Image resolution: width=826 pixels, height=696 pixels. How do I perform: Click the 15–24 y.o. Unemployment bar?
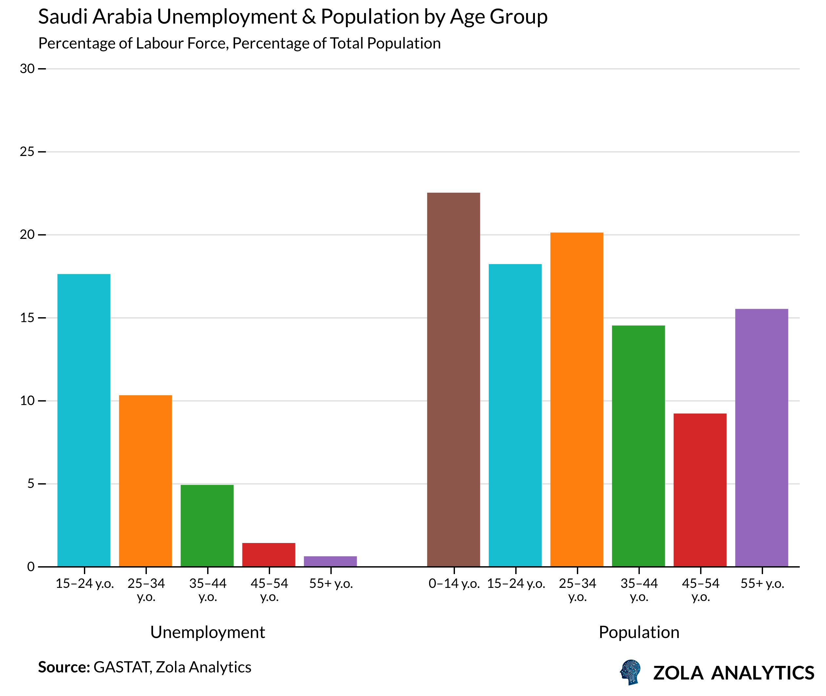click(84, 420)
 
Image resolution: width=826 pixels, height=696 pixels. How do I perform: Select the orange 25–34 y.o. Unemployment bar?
click(145, 481)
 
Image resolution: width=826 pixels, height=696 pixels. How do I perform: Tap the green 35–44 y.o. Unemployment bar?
click(207, 526)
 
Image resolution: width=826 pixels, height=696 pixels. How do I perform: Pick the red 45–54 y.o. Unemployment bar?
click(269, 555)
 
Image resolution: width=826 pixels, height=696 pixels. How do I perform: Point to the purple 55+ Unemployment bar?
click(330, 561)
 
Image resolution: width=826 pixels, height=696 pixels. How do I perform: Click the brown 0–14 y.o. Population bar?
click(453, 379)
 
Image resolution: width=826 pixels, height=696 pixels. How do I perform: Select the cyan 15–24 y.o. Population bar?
click(515, 415)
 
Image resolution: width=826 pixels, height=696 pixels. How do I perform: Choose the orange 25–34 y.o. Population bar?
click(577, 399)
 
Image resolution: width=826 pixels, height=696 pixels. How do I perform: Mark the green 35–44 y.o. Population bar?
click(638, 446)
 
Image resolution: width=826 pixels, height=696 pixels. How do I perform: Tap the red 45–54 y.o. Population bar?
click(700, 490)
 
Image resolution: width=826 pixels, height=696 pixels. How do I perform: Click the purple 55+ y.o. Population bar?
click(761, 437)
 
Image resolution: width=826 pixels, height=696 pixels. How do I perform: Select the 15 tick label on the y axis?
click(27, 318)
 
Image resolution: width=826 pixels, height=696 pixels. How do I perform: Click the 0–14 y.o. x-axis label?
click(454, 584)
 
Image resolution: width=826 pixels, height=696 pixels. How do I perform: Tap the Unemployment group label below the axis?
click(207, 632)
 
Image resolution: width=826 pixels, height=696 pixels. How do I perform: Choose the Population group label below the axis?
click(639, 632)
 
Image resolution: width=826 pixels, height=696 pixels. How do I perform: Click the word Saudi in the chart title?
click(62, 17)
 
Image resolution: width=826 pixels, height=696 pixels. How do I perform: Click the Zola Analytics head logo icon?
click(630, 672)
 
